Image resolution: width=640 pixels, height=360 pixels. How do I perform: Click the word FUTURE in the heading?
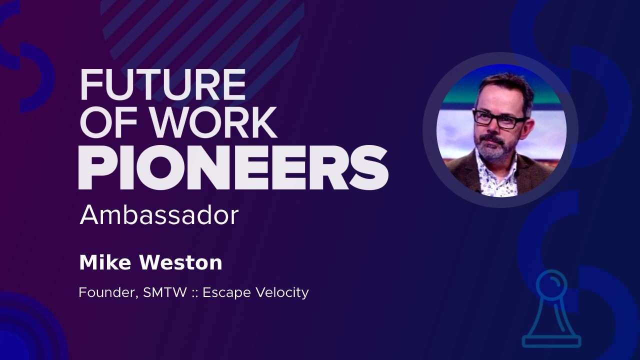[163, 84]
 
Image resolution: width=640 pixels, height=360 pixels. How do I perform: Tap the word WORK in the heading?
[214, 123]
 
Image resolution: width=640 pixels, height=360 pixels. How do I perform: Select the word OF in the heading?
[108, 123]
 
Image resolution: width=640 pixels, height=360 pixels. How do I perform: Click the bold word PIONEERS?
[233, 167]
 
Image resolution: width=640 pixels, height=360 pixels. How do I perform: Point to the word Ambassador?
[159, 215]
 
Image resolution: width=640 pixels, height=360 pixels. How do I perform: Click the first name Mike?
[105, 262]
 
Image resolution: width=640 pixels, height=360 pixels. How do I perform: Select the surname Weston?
[181, 263]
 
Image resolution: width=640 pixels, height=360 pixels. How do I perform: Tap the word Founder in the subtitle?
[108, 293]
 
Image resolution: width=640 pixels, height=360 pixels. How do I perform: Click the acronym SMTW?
[165, 292]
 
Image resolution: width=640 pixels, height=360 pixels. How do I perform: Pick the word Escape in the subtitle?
[227, 293]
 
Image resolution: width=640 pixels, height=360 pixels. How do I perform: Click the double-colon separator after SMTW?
[195, 293]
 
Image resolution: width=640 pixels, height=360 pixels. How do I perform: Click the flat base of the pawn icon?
[551, 341]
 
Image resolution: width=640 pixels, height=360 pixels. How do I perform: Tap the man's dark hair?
[504, 85]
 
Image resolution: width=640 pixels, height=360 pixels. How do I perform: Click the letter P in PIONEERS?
[97, 167]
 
